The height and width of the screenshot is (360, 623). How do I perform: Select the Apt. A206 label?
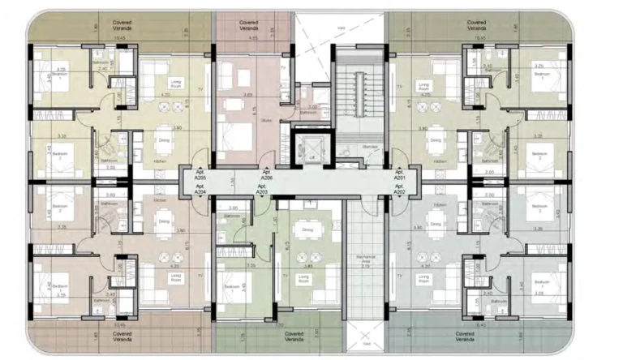point(265,175)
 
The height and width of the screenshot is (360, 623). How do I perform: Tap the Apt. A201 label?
point(399,175)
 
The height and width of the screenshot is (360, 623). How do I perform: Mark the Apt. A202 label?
point(399,190)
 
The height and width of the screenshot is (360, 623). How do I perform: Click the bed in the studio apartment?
point(240,138)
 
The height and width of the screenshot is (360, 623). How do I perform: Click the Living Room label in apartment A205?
point(174,83)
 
